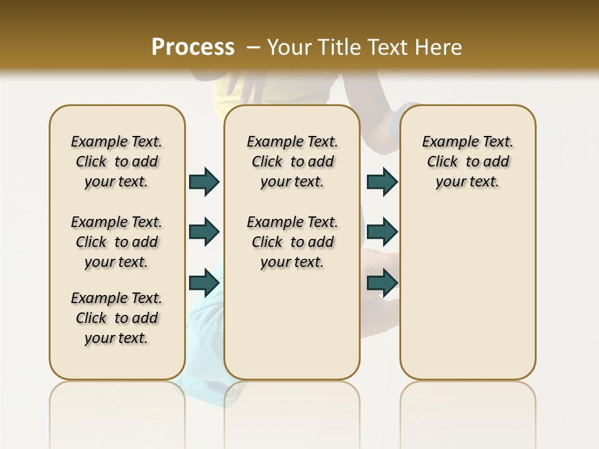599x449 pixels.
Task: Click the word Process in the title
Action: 193,47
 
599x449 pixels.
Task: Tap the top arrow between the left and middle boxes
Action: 204,181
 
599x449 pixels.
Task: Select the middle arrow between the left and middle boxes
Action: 204,232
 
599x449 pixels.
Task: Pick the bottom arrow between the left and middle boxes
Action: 204,282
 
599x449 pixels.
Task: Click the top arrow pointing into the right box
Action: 382,181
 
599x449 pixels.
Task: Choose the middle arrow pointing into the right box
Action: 382,232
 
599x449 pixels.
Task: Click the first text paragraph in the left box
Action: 117,162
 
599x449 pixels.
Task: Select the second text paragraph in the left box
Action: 117,242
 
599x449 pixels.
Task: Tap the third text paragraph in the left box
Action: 117,318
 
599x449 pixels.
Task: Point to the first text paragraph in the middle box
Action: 292,162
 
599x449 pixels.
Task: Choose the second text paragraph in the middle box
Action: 292,242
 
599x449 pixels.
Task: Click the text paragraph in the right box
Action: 468,162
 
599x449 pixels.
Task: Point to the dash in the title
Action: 253,47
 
